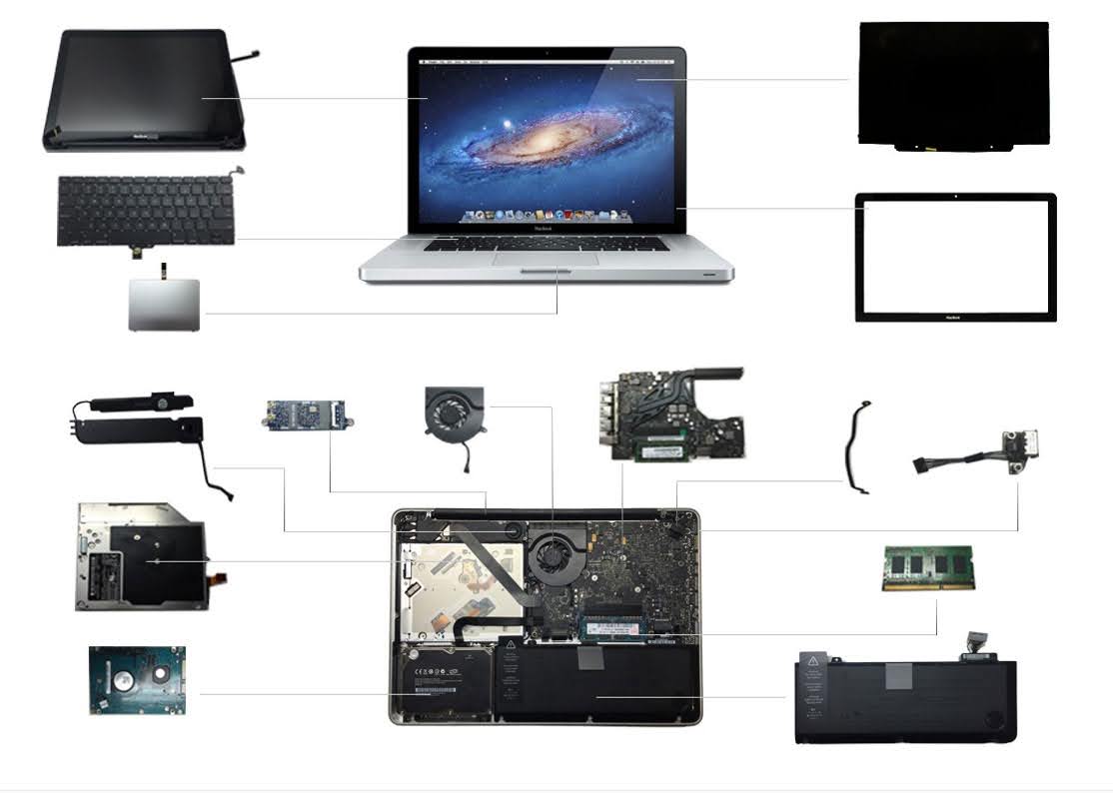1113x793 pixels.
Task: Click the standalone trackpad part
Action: click(164, 305)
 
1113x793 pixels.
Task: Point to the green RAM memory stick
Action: click(928, 567)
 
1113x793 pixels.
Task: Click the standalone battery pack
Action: click(905, 699)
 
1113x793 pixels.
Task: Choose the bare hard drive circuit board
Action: click(137, 680)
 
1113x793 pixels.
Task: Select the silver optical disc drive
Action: click(141, 556)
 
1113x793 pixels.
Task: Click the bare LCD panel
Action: click(953, 84)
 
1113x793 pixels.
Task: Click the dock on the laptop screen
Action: click(546, 215)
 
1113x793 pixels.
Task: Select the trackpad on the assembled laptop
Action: click(545, 258)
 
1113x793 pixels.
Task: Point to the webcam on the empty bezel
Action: click(955, 197)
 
